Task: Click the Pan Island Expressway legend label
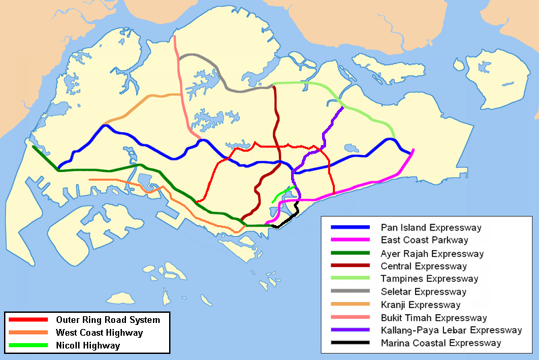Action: tap(432, 227)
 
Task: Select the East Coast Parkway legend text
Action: tap(424, 240)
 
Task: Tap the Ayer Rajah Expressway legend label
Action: tap(432, 253)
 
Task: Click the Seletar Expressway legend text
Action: tap(423, 292)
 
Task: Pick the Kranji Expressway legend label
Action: tap(420, 305)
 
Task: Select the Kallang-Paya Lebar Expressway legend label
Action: tap(451, 330)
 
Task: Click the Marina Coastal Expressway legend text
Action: tap(441, 343)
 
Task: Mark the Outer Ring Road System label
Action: tap(108, 320)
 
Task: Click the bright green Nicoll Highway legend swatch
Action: tap(28, 345)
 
